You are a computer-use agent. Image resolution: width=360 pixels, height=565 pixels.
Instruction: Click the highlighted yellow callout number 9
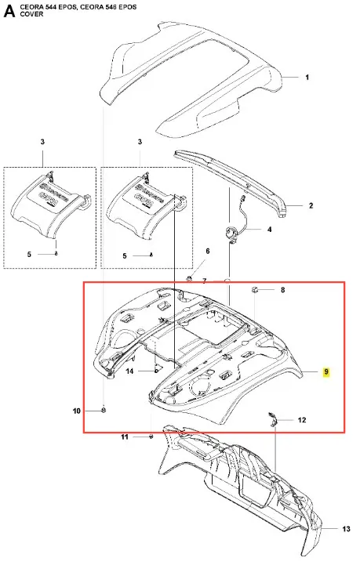click(326, 372)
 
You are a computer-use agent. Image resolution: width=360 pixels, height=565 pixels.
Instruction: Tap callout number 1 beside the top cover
click(307, 77)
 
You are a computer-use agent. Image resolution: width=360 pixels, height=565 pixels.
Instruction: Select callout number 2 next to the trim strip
click(311, 206)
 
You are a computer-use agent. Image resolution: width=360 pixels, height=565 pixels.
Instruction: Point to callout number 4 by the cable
click(269, 229)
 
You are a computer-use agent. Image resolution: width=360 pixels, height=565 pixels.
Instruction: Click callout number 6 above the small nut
click(207, 251)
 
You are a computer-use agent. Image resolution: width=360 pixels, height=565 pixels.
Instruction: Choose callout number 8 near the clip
click(283, 290)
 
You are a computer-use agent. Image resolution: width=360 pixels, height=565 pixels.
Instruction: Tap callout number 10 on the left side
click(77, 411)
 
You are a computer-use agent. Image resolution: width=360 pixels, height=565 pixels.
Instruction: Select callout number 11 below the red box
click(125, 437)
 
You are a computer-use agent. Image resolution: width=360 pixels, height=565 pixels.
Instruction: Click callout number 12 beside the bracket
click(302, 420)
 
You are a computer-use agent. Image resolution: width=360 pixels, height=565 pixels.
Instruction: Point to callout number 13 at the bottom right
click(347, 529)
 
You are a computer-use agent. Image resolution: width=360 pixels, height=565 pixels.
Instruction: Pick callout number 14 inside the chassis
click(129, 371)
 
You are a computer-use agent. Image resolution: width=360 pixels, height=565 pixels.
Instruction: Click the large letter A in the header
click(9, 11)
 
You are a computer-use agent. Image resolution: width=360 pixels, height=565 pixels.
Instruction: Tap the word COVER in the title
click(31, 14)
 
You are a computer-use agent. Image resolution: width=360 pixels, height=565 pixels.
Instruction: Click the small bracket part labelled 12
click(272, 419)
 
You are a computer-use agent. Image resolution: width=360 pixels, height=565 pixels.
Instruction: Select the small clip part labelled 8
click(254, 289)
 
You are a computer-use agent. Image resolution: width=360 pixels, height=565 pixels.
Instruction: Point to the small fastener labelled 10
click(104, 410)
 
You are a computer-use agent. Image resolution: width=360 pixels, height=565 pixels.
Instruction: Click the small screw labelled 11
click(151, 436)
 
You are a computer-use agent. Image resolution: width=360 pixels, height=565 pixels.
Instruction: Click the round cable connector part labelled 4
click(231, 233)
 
